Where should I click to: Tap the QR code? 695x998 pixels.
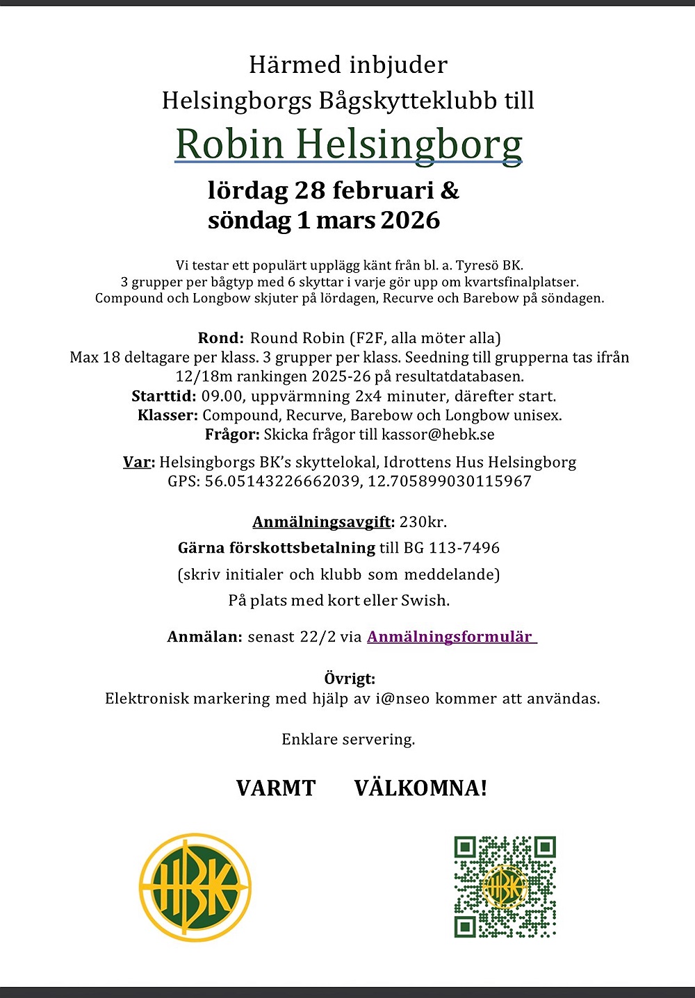tap(505, 886)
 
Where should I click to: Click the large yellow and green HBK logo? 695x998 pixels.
tap(195, 888)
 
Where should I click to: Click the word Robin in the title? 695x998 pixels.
tap(230, 144)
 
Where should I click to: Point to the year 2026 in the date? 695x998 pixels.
tap(410, 220)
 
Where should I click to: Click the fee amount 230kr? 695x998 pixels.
tap(423, 522)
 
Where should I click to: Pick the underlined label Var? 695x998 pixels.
tap(138, 462)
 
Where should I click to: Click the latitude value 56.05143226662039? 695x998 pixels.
tap(282, 481)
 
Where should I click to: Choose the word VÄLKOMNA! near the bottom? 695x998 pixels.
tap(420, 788)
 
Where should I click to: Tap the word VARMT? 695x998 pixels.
tap(276, 788)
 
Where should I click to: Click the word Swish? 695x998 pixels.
tap(425, 600)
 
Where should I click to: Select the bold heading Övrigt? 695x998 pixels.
tap(350, 679)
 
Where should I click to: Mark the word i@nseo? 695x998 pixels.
tap(401, 699)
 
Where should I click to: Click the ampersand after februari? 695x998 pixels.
tap(450, 190)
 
